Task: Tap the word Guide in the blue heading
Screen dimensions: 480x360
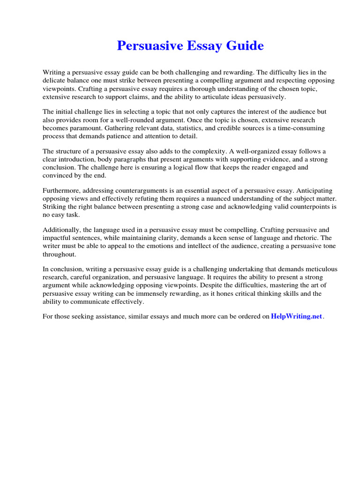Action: click(243, 46)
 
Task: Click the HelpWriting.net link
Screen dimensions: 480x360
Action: click(297, 316)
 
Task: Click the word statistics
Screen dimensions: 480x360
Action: click(180, 128)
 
